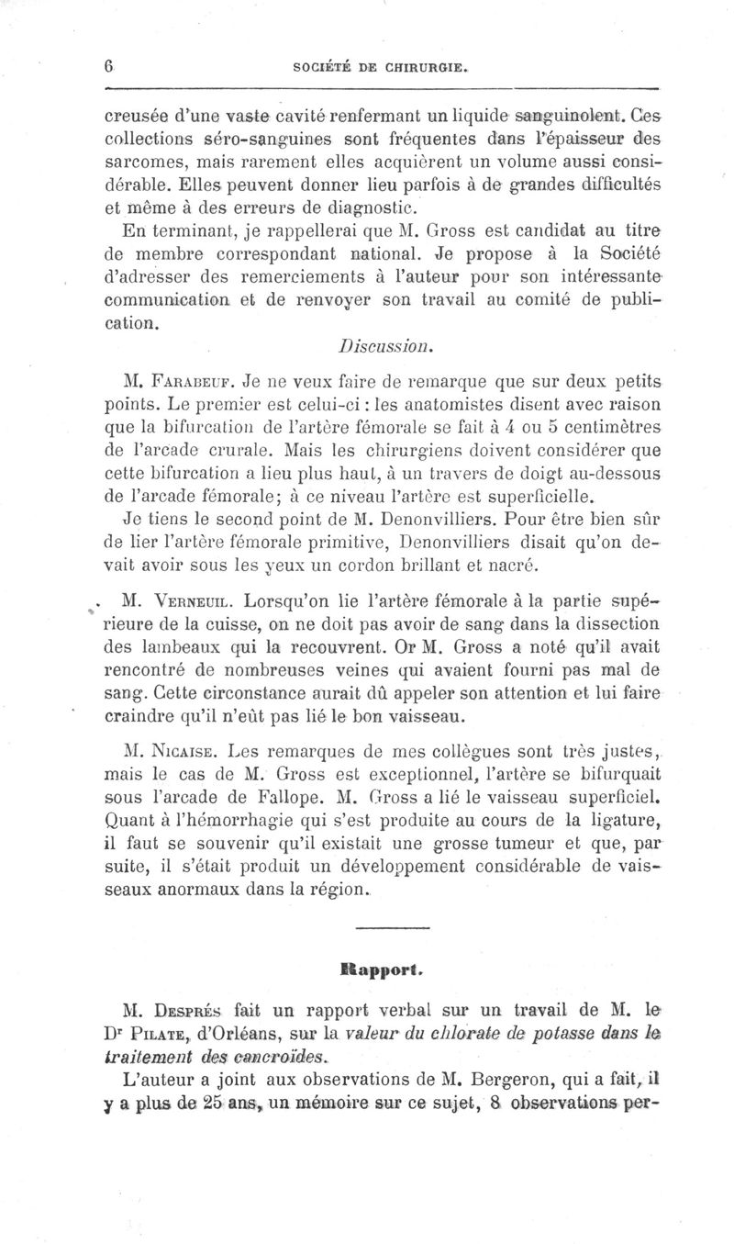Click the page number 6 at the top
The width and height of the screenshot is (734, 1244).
107,66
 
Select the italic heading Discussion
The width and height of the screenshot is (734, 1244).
379,347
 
